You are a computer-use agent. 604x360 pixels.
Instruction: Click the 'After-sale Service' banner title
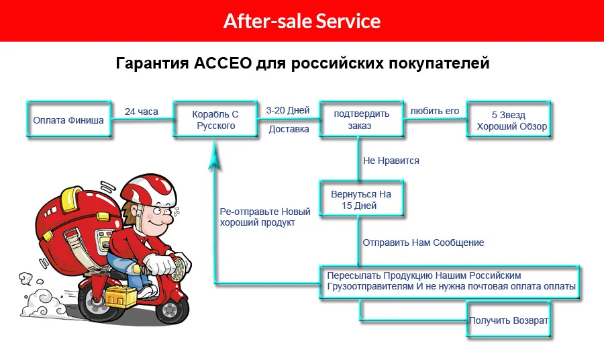click(302, 21)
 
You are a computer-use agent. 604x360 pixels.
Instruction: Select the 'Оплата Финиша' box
click(68, 121)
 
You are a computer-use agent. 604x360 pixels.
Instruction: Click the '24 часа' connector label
click(141, 111)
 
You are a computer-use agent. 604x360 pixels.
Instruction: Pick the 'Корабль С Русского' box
click(216, 120)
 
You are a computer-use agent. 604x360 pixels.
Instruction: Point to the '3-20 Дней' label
click(288, 110)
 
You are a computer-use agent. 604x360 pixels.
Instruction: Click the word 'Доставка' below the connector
click(289, 129)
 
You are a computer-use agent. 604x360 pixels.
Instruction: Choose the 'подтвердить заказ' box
click(360, 120)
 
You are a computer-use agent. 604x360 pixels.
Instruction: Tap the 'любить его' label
click(434, 111)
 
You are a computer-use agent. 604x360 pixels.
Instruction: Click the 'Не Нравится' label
click(391, 161)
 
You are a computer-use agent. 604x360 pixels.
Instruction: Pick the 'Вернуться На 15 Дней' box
click(361, 200)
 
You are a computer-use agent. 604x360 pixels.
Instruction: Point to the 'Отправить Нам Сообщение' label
click(423, 242)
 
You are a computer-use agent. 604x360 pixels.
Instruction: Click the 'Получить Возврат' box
click(509, 320)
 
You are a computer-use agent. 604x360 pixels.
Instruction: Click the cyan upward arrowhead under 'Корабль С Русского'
click(214, 156)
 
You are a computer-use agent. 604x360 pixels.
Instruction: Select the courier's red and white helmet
click(148, 191)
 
